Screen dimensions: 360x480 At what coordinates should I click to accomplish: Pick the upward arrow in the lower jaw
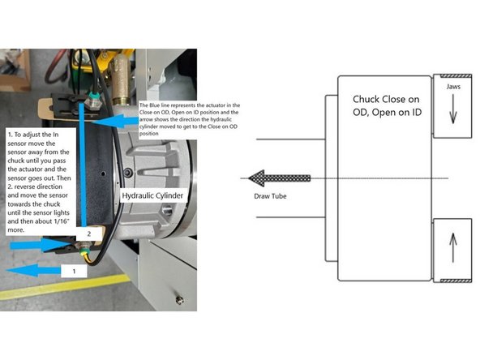[x=452, y=246]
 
